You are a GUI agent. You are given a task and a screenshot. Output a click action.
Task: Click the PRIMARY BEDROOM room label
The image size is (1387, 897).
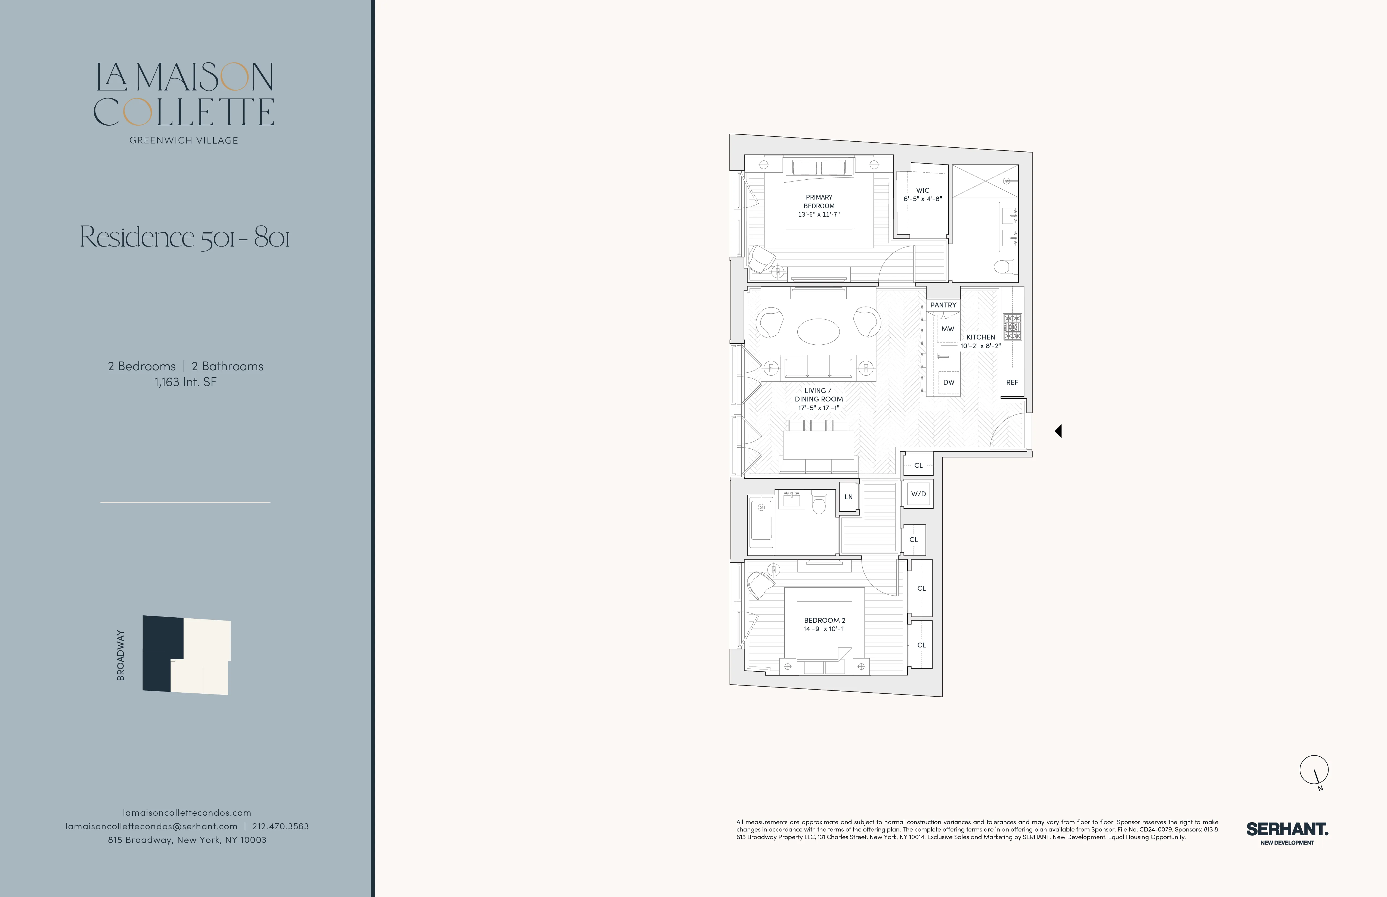(x=819, y=201)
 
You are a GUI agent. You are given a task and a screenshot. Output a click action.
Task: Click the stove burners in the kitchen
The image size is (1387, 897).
(x=1012, y=327)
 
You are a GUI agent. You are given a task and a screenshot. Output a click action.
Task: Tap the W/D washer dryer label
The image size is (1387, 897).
(x=918, y=494)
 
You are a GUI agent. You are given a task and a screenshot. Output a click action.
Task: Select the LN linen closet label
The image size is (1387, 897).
(x=849, y=497)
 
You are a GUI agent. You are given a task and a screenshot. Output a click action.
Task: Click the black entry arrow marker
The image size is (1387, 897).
(x=1058, y=431)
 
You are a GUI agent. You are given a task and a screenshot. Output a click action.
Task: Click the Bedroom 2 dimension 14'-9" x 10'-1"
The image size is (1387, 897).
(x=824, y=629)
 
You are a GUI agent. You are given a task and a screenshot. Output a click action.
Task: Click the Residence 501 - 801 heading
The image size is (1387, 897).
(x=185, y=237)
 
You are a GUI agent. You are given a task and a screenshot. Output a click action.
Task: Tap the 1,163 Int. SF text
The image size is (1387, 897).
(x=185, y=382)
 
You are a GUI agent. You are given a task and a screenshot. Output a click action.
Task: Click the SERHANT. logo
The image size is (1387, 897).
(x=1287, y=829)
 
